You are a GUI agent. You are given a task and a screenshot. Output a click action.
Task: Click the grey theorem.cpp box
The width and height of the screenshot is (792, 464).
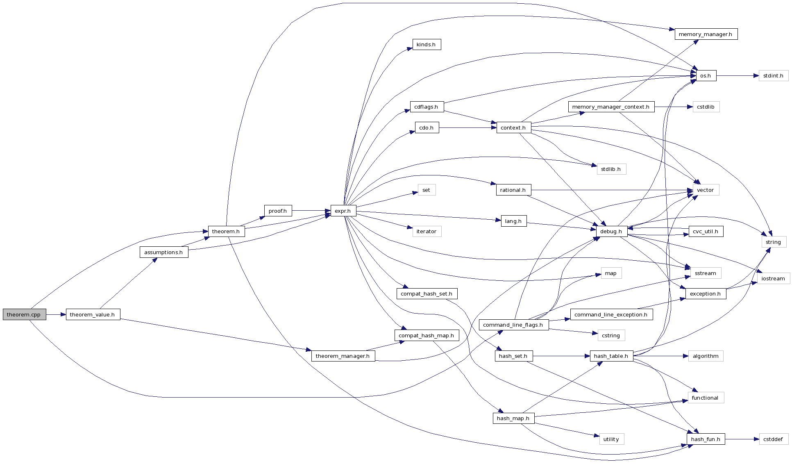24,314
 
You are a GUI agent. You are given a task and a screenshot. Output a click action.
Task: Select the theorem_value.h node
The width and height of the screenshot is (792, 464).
93,314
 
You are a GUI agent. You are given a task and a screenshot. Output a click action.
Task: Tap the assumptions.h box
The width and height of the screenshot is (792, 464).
164,252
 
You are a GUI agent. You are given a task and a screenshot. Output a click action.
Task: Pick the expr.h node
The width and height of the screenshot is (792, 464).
343,211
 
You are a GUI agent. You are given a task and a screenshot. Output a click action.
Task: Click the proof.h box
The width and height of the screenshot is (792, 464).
277,211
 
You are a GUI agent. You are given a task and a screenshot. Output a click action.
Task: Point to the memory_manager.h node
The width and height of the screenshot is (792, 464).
706,34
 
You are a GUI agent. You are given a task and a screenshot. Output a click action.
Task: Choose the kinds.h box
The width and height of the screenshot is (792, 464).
426,44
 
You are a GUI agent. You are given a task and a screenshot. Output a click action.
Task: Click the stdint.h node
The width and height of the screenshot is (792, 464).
773,75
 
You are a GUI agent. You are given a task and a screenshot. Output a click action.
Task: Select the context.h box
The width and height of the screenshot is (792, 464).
513,127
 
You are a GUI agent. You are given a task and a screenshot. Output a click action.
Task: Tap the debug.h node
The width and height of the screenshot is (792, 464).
611,231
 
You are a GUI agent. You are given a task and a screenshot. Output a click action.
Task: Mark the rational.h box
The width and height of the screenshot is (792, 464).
513,190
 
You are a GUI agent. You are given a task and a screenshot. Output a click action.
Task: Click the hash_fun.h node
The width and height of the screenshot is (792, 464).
706,439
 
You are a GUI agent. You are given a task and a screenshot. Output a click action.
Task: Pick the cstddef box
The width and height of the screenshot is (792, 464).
773,439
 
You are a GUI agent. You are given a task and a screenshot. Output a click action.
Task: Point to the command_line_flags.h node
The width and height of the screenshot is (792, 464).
513,325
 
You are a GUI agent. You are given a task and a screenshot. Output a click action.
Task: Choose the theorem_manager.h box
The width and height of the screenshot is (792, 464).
343,356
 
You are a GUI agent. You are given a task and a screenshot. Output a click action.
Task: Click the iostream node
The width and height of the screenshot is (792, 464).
773,278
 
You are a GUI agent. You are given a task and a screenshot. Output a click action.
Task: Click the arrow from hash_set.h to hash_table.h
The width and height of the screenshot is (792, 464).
561,356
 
